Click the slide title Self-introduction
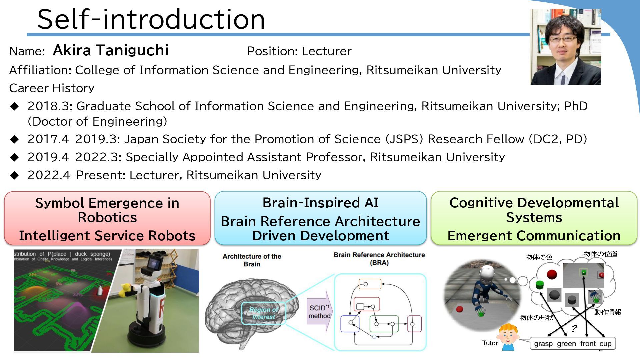pyautogui.click(x=151, y=19)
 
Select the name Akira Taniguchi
pyautogui.click(x=111, y=50)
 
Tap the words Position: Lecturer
pyautogui.click(x=299, y=51)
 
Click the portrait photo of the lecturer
pyautogui.click(x=566, y=47)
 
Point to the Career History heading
pyautogui.click(x=52, y=88)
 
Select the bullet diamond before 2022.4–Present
pyautogui.click(x=15, y=175)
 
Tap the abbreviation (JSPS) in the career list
pyautogui.click(x=404, y=139)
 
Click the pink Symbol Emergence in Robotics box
pyautogui.click(x=107, y=218)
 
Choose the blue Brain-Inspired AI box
pyautogui.click(x=320, y=218)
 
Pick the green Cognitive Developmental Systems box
pyautogui.click(x=534, y=218)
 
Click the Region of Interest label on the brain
pyautogui.click(x=263, y=313)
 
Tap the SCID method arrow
pyautogui.click(x=319, y=311)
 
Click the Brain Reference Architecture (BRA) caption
pyautogui.click(x=379, y=259)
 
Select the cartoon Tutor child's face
pyautogui.click(x=507, y=335)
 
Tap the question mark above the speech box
pyautogui.click(x=574, y=329)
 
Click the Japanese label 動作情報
pyautogui.click(x=608, y=312)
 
